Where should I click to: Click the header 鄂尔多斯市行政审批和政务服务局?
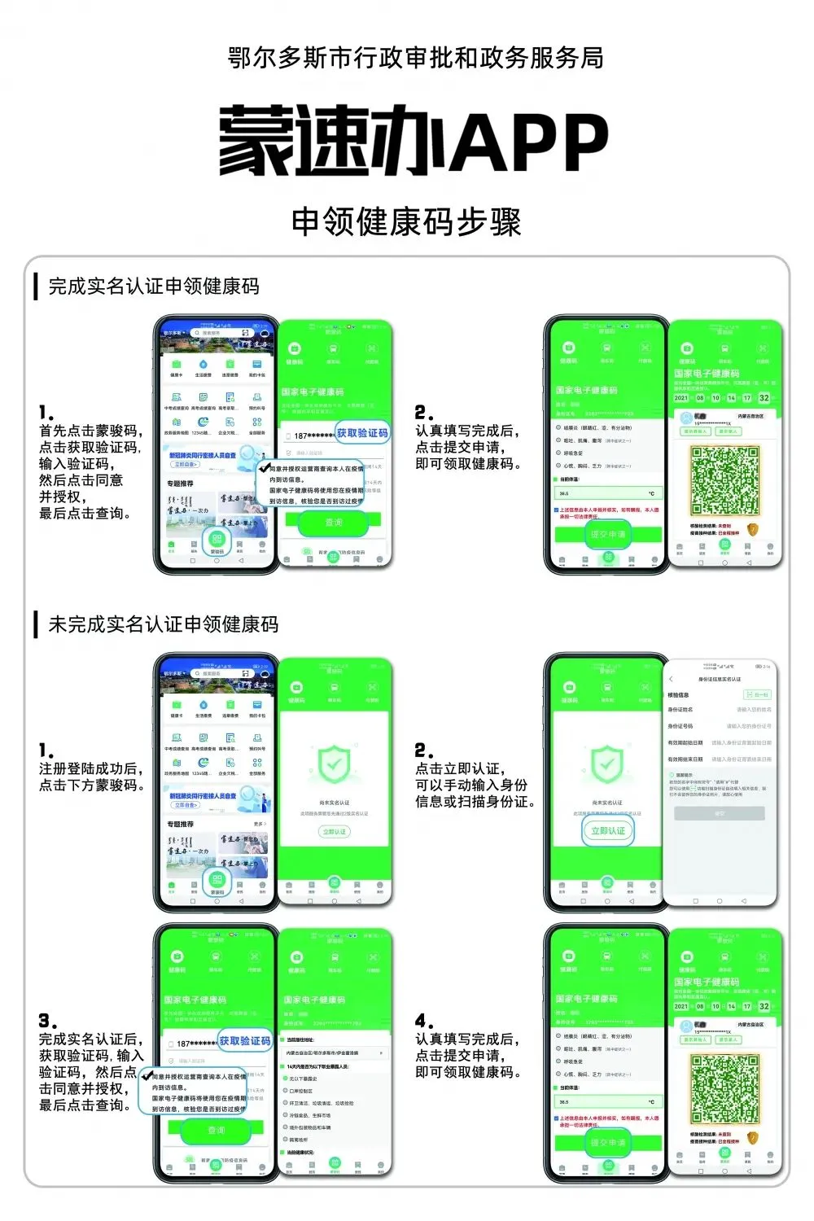pyautogui.click(x=415, y=58)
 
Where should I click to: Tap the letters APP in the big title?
pyautogui.click(x=530, y=142)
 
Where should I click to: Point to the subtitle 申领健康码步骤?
pyautogui.click(x=406, y=221)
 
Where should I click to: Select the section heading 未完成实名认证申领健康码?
pyautogui.click(x=163, y=624)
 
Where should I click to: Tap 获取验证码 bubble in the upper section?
pyautogui.click(x=362, y=433)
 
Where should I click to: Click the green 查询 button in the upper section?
pyautogui.click(x=334, y=523)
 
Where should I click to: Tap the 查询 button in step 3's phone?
pyautogui.click(x=216, y=1130)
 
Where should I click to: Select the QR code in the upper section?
pyautogui.click(x=724, y=481)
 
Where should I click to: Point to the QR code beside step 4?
pyautogui.click(x=724, y=1089)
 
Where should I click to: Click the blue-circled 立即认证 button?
pyautogui.click(x=608, y=830)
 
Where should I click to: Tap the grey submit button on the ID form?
pyautogui.click(x=719, y=813)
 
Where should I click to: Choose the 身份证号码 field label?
pyautogui.click(x=681, y=726)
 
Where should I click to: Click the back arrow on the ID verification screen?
pyautogui.click(x=672, y=679)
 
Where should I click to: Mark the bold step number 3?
pyautogui.click(x=46, y=1021)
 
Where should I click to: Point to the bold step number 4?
pyautogui.click(x=422, y=1021)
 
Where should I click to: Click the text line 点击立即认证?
pyautogui.click(x=460, y=769)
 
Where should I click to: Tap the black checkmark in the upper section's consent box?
pyautogui.click(x=263, y=469)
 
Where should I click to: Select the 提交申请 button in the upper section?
pyautogui.click(x=608, y=535)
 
